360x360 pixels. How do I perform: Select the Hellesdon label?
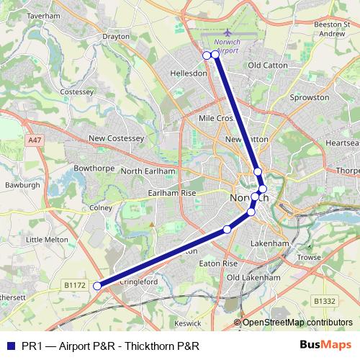tap(189, 73)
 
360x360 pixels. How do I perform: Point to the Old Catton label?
tap(267, 66)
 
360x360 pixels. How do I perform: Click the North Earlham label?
tap(148, 171)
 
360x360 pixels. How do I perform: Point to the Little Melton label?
tap(45, 239)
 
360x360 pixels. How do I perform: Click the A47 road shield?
tap(35, 138)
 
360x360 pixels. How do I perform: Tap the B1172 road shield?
tap(74, 285)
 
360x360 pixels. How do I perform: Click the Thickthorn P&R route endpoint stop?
tap(97, 287)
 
